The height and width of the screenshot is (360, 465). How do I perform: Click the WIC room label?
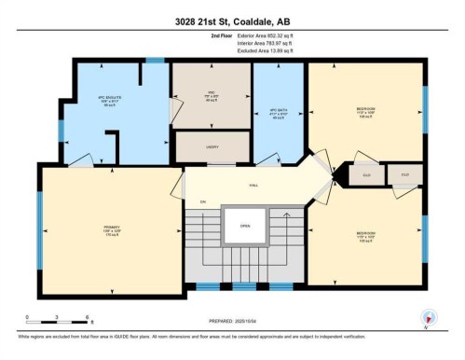pos(211,94)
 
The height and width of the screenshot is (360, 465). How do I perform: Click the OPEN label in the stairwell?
pos(245,226)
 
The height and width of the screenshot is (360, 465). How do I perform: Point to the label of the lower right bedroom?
pos(365,235)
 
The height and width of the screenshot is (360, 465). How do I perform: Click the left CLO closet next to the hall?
pos(366,174)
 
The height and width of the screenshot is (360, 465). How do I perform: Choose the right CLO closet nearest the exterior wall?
pos(404,174)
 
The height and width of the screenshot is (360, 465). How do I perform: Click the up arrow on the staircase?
pos(202,202)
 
